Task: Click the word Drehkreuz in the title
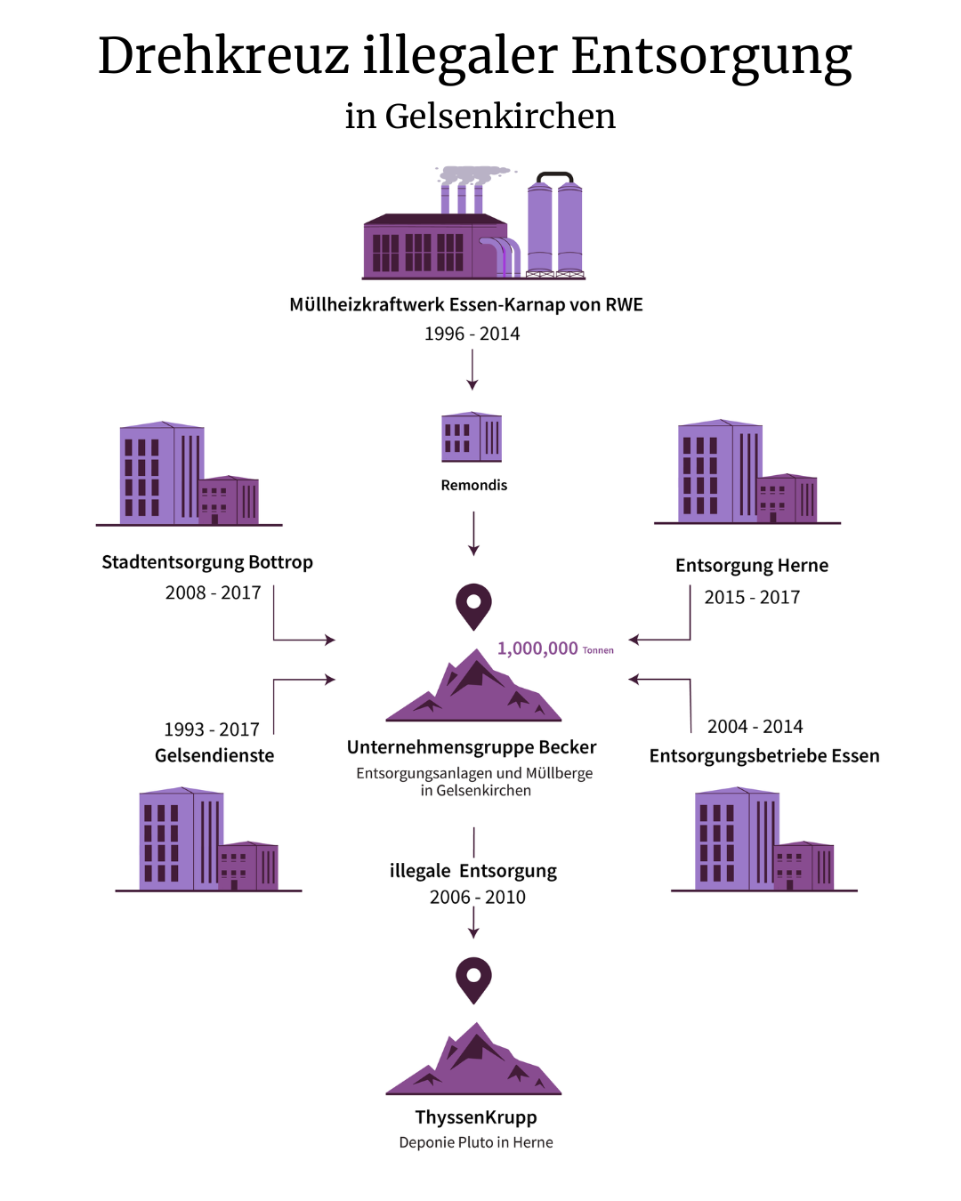pyautogui.click(x=223, y=56)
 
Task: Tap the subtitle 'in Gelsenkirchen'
pyautogui.click(x=480, y=117)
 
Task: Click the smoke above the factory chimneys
pyautogui.click(x=475, y=174)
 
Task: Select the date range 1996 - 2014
pyautogui.click(x=472, y=334)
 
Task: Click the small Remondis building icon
pyautogui.click(x=472, y=437)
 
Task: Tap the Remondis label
pyautogui.click(x=474, y=485)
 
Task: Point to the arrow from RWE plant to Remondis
pyautogui.click(x=472, y=369)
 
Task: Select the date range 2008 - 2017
pyautogui.click(x=213, y=592)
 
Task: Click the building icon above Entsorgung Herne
pyautogui.click(x=747, y=472)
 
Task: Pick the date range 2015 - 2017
pyautogui.click(x=752, y=597)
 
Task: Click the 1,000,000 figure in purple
pyautogui.click(x=537, y=649)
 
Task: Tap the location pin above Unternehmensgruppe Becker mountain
pyautogui.click(x=473, y=606)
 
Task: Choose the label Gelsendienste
pyautogui.click(x=214, y=755)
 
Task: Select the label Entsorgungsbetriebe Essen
pyautogui.click(x=764, y=756)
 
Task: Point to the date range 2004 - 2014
pyautogui.click(x=755, y=727)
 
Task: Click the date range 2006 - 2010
pyautogui.click(x=477, y=897)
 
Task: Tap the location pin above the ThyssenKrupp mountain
pyautogui.click(x=473, y=979)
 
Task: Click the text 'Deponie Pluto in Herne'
pyautogui.click(x=476, y=1142)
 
